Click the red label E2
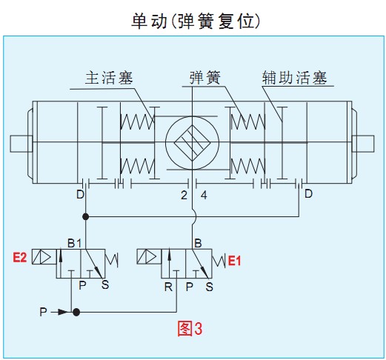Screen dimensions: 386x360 [19, 258]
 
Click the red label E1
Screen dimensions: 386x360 [234, 261]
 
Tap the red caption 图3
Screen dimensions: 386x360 [190, 329]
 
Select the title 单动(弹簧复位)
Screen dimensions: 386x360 [196, 21]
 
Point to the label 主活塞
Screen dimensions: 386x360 [109, 78]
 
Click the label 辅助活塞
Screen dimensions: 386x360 [294, 78]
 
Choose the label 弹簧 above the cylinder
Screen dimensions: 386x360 [204, 78]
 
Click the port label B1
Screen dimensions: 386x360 [74, 244]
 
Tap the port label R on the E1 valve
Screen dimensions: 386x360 [168, 287]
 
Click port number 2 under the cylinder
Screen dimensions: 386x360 [184, 196]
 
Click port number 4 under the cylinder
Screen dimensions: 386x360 [204, 196]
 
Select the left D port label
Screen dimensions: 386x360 [80, 195]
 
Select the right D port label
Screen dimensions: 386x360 [308, 194]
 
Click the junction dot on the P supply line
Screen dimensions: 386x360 [76, 313]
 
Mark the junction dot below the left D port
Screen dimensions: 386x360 [85, 217]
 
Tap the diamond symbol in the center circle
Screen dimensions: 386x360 [192, 143]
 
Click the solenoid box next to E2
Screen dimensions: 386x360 [44, 257]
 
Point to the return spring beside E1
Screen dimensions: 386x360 [219, 261]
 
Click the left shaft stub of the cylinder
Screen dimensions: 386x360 [21, 144]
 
